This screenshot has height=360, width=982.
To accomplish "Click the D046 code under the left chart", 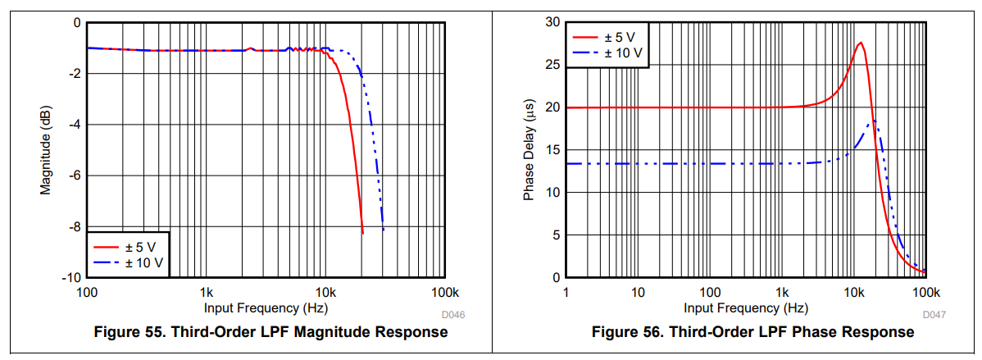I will click(453, 315).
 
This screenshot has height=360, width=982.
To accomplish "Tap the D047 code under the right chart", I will click(934, 315).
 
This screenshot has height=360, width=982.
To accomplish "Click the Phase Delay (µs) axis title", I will click(529, 151).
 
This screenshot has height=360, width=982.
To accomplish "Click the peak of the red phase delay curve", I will click(860, 43).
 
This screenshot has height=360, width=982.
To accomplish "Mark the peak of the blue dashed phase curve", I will click(875, 121).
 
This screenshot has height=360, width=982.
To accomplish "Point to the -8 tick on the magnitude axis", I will click(74, 227).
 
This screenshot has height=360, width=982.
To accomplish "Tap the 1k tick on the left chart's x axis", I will click(206, 293).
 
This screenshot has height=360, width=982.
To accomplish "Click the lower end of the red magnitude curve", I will click(362, 233).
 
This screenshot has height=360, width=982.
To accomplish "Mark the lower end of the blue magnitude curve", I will click(383, 230).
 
